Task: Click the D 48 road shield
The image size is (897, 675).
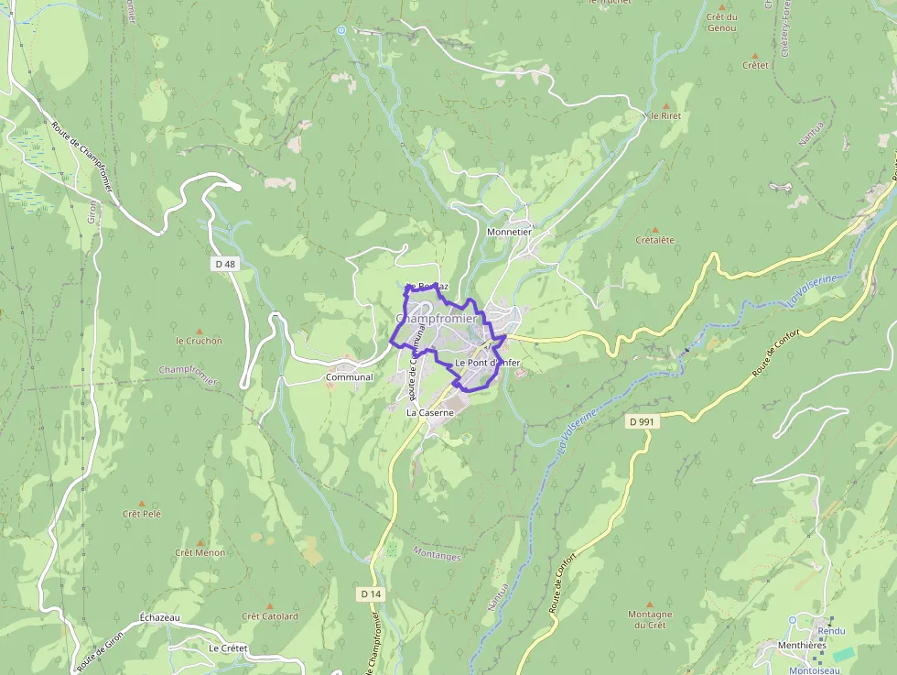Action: pyautogui.click(x=224, y=264)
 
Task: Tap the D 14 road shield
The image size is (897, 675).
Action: pyautogui.click(x=370, y=594)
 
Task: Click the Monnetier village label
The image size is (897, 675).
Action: pyautogui.click(x=509, y=233)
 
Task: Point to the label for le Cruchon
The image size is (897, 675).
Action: pyautogui.click(x=199, y=341)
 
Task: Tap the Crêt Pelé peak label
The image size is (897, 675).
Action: pyautogui.click(x=142, y=514)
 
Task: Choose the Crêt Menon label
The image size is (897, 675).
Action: pyautogui.click(x=200, y=552)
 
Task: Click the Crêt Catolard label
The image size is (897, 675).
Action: pyautogui.click(x=270, y=616)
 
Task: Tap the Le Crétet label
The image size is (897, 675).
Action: pyautogui.click(x=228, y=648)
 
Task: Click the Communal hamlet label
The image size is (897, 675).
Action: pyautogui.click(x=350, y=377)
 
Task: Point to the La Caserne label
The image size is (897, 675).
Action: pyautogui.click(x=430, y=413)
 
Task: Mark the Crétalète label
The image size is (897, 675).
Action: pyautogui.click(x=654, y=240)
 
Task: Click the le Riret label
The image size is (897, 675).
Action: pyautogui.click(x=665, y=116)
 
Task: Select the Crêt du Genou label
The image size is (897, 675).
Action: pyautogui.click(x=722, y=22)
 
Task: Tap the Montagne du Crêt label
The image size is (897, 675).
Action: pyautogui.click(x=650, y=619)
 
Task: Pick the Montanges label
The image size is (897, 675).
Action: pyautogui.click(x=438, y=554)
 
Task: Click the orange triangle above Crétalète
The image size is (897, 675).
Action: pyautogui.click(x=654, y=229)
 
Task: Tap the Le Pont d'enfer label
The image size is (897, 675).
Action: pyautogui.click(x=487, y=364)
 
